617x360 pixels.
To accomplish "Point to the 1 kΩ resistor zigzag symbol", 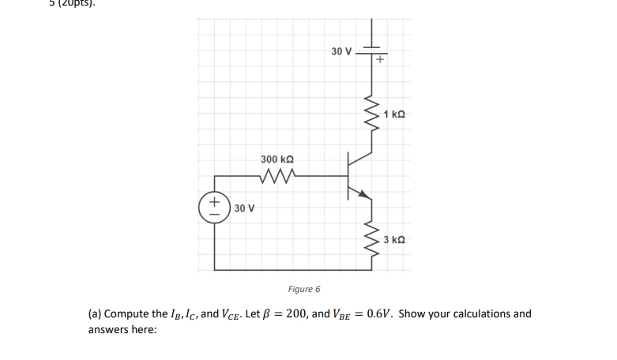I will coord(369,115).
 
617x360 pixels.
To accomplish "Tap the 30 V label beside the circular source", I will coord(244,208).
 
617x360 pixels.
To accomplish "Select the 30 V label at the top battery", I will coord(341,51).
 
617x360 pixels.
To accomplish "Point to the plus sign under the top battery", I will coord(380,59).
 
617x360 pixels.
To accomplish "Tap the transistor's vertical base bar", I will coord(348,177).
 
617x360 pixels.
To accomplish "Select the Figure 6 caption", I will coord(304,289).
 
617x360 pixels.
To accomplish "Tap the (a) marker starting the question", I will coord(94,313).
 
